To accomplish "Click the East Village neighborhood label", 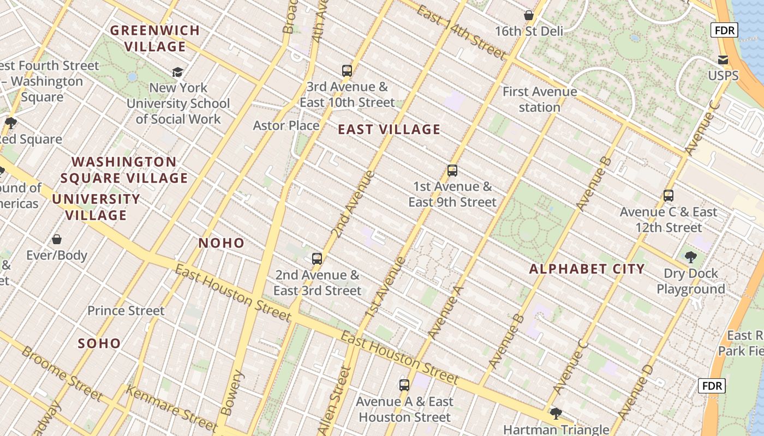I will (x=389, y=129).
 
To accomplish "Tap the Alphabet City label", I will (x=587, y=269).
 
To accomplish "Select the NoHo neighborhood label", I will (x=221, y=243).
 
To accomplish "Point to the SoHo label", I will (x=99, y=343).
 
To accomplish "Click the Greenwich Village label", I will (x=156, y=38).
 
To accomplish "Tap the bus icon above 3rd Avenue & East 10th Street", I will (x=347, y=70).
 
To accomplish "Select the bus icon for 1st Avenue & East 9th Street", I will (x=452, y=170).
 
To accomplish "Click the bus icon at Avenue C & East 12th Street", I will (x=668, y=195).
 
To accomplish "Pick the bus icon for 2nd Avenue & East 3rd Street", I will (x=317, y=258).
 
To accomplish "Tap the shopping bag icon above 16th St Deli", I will (x=528, y=15).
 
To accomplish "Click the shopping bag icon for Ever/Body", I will (x=57, y=239).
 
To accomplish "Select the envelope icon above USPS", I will (x=723, y=59).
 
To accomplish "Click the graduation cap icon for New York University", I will (x=178, y=72).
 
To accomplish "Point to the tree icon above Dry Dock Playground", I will (x=690, y=257).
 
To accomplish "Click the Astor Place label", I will (x=286, y=125).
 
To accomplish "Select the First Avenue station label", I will (x=539, y=99).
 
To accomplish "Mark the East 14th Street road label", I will (x=462, y=32).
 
